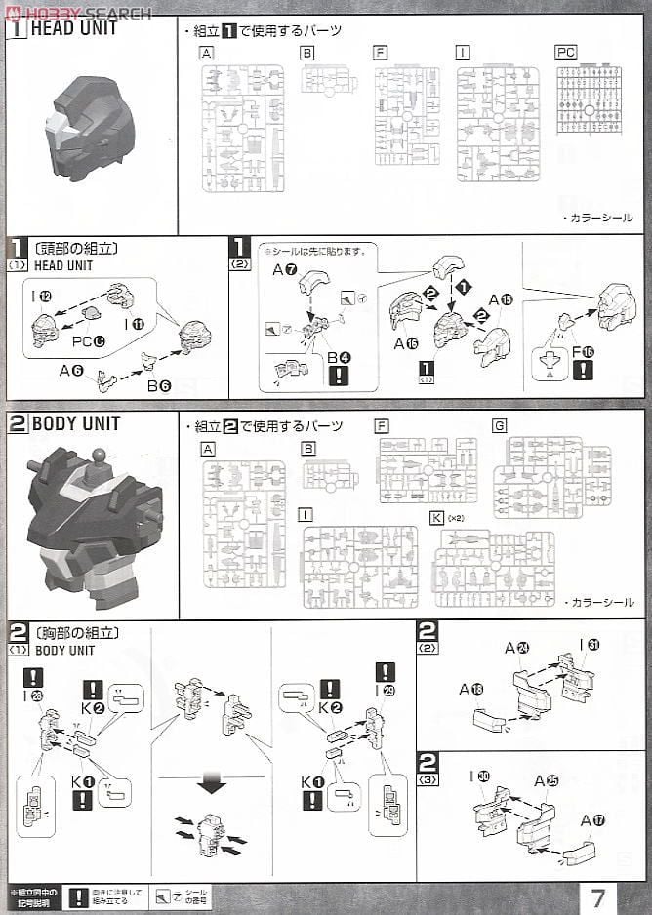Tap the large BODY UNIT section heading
point(75,423)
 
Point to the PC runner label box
point(565,52)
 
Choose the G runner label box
point(500,425)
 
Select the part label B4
point(339,358)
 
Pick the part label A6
point(71,370)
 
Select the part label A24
point(517,647)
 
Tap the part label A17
point(591,819)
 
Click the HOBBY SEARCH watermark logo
point(77,12)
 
